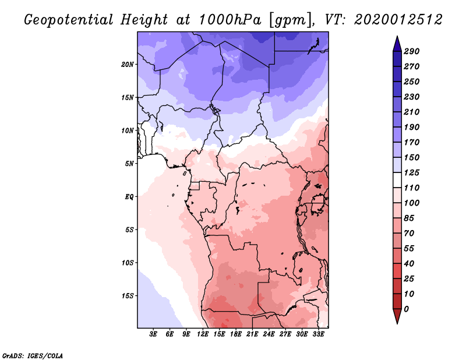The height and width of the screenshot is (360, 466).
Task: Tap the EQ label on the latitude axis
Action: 129,197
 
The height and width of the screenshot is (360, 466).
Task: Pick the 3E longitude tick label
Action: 154,335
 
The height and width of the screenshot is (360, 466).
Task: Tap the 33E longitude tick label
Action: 318,335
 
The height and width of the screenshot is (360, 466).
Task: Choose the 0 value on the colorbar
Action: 406,309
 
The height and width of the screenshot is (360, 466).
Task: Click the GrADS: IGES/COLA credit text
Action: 32,354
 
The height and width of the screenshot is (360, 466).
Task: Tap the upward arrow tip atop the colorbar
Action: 397,38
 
